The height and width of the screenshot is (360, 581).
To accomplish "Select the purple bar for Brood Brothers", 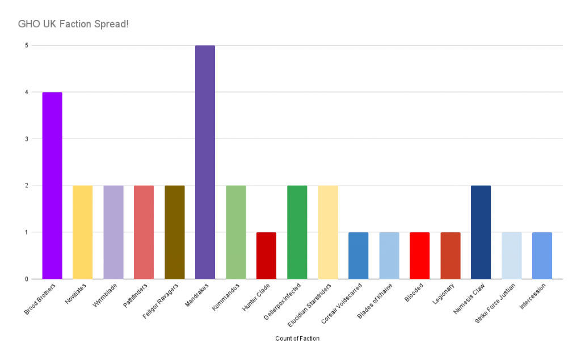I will (x=52, y=185).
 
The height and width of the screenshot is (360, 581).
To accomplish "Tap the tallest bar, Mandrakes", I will (x=205, y=162).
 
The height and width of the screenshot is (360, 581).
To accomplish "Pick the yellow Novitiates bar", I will (x=82, y=232).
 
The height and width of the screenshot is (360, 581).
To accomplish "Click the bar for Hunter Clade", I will (x=266, y=255).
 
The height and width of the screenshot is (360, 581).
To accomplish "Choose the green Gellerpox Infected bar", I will (x=297, y=232).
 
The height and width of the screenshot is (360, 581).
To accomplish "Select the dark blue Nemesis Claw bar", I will (x=481, y=232).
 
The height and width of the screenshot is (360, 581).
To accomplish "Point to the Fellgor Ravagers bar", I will (x=174, y=232).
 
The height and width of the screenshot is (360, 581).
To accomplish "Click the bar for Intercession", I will (x=542, y=255).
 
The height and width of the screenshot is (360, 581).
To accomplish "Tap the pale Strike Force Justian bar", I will (x=511, y=255).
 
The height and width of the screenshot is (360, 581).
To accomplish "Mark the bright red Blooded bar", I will (x=419, y=255).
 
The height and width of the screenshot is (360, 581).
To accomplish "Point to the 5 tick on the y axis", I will (x=26, y=45).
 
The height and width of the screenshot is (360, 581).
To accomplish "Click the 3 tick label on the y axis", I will (x=26, y=139).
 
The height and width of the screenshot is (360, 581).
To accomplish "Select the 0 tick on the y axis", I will (x=26, y=279).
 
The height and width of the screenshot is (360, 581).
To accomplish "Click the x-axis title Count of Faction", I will (x=297, y=338).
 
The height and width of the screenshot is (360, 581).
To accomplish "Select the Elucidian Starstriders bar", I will (x=327, y=232).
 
